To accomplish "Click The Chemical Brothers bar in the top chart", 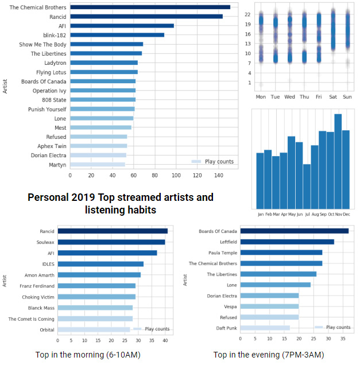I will click(149, 7).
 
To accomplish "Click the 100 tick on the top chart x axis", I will click(176, 176).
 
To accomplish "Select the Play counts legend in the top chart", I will click(213, 162).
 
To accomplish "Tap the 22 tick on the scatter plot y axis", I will click(248, 13).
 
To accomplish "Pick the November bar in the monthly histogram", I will click(338, 161).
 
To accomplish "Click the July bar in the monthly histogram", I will click(307, 187).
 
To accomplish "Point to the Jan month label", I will click(261, 214).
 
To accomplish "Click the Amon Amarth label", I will click(39, 275).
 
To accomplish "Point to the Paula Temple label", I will click(222, 253).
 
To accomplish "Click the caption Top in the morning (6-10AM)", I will click(88, 355).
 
